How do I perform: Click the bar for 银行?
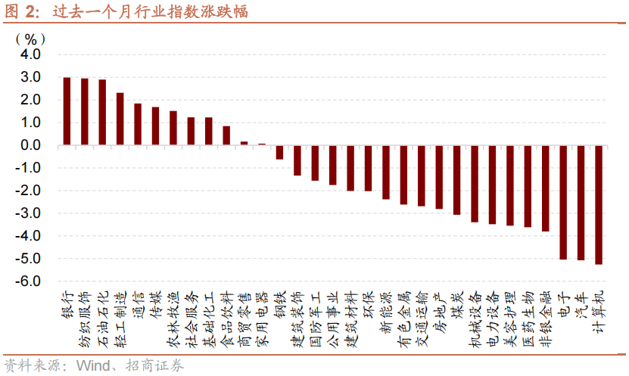[67, 111]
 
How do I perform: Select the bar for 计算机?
[599, 205]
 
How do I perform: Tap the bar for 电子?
[563, 203]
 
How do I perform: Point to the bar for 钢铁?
[279, 152]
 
